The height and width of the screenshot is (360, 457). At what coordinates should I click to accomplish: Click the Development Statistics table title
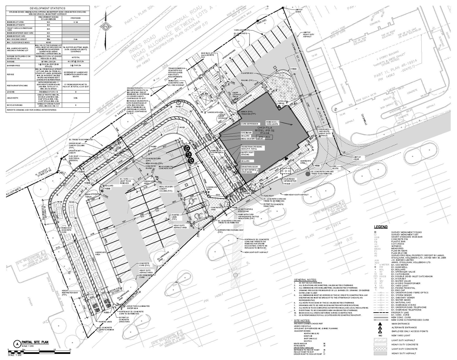[x=47, y=8]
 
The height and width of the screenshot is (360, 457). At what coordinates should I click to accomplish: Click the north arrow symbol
[x=106, y=26]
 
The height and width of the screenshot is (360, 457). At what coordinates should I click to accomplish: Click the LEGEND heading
[x=381, y=227]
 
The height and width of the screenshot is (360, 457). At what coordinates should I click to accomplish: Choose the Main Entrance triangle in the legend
[x=380, y=324]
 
